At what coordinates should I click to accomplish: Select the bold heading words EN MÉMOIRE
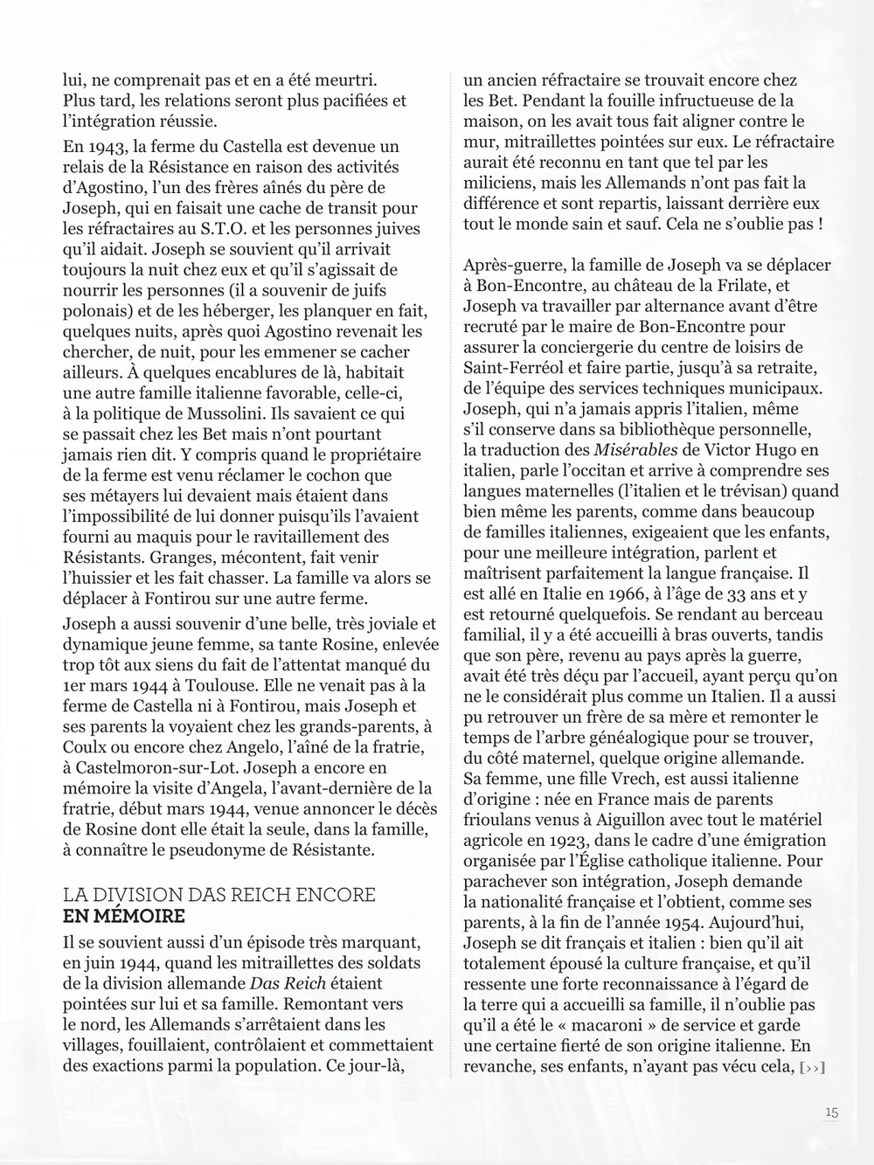click(x=123, y=917)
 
